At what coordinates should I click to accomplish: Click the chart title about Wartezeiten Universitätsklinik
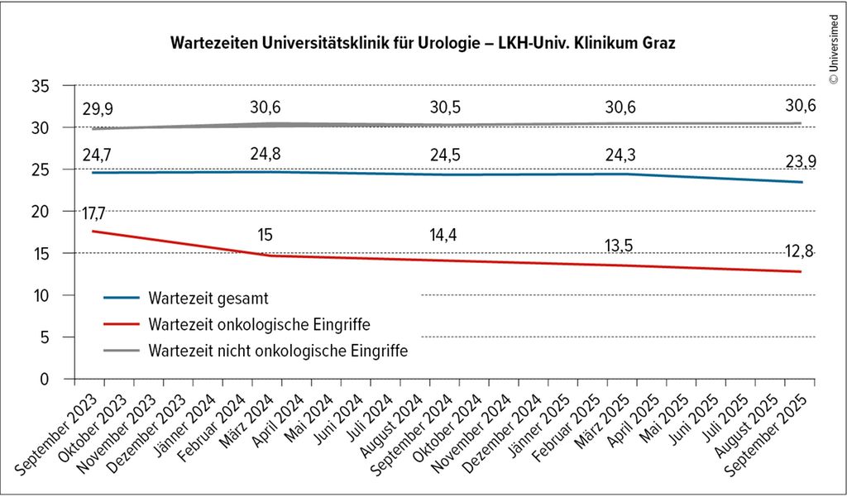coord(423,42)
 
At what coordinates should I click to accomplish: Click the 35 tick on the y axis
coord(44,86)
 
